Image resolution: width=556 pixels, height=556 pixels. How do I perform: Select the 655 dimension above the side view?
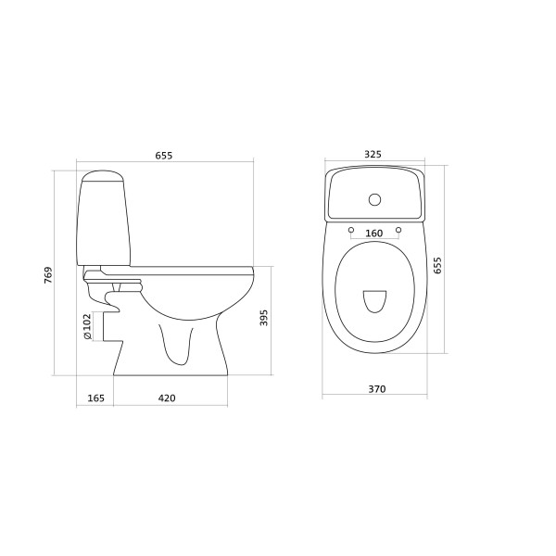tap(163, 156)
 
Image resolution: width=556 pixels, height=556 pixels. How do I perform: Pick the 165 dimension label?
tap(95, 398)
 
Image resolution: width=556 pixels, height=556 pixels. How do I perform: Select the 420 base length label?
tap(167, 398)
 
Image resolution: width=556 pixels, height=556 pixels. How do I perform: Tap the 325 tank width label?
tap(374, 156)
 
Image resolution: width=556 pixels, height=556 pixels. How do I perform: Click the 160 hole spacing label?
tap(374, 234)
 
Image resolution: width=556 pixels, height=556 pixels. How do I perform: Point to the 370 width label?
tap(375, 388)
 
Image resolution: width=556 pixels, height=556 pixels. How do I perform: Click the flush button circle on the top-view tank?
tap(375, 198)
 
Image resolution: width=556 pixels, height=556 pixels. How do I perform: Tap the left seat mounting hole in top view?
tap(352, 228)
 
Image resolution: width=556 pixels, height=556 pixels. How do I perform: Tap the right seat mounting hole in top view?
tap(398, 228)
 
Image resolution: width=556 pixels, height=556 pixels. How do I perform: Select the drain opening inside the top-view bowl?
tap(374, 301)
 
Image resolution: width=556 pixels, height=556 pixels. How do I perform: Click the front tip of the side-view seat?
tap(252, 271)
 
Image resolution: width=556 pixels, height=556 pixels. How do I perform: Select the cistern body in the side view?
tap(104, 222)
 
